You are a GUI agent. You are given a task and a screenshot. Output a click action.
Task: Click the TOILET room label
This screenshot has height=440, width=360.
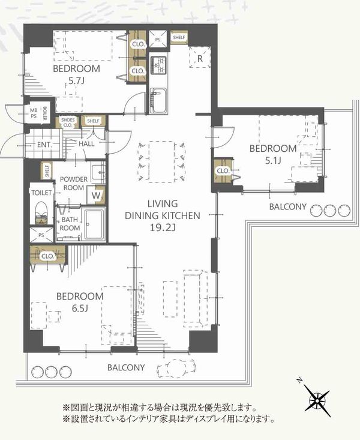[41, 193]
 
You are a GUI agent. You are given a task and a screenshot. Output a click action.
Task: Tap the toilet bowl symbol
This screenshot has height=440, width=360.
[42, 212]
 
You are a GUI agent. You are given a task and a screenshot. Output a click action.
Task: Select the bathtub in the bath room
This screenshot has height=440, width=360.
[95, 225]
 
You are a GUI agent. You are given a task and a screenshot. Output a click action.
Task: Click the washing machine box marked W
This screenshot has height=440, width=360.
[96, 195]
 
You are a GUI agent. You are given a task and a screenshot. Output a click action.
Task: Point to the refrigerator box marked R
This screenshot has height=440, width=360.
[200, 58]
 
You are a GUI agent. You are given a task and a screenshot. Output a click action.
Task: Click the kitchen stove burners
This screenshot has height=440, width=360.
[158, 65]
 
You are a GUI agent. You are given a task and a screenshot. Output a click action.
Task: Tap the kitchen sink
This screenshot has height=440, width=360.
[158, 100]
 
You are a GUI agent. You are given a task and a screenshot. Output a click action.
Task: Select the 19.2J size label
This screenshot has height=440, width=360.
[163, 228]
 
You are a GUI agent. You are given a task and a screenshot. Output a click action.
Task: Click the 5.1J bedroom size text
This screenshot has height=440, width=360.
[273, 160]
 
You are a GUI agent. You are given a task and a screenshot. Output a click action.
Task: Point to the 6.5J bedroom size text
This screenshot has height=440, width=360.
[80, 309]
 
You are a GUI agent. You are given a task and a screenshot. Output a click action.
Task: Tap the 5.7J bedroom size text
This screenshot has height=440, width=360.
[76, 81]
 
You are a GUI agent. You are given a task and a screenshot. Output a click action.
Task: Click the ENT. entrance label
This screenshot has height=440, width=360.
[44, 145]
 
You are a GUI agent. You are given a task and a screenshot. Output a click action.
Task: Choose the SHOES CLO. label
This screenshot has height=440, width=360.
[68, 122]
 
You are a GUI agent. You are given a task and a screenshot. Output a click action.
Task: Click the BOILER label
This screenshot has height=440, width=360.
[45, 113]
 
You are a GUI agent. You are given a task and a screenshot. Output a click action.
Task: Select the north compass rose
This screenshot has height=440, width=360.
[317, 400]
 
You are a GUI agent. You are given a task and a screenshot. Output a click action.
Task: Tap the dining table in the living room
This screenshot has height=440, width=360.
[161, 162]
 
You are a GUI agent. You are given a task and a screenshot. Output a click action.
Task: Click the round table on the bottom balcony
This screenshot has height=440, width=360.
[176, 368]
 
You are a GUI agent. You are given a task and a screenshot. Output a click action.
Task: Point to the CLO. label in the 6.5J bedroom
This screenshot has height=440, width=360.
[48, 256]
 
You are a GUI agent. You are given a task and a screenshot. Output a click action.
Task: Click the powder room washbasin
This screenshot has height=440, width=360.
[98, 172]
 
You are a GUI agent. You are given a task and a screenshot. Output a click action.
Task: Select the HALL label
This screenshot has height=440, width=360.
[86, 144]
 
